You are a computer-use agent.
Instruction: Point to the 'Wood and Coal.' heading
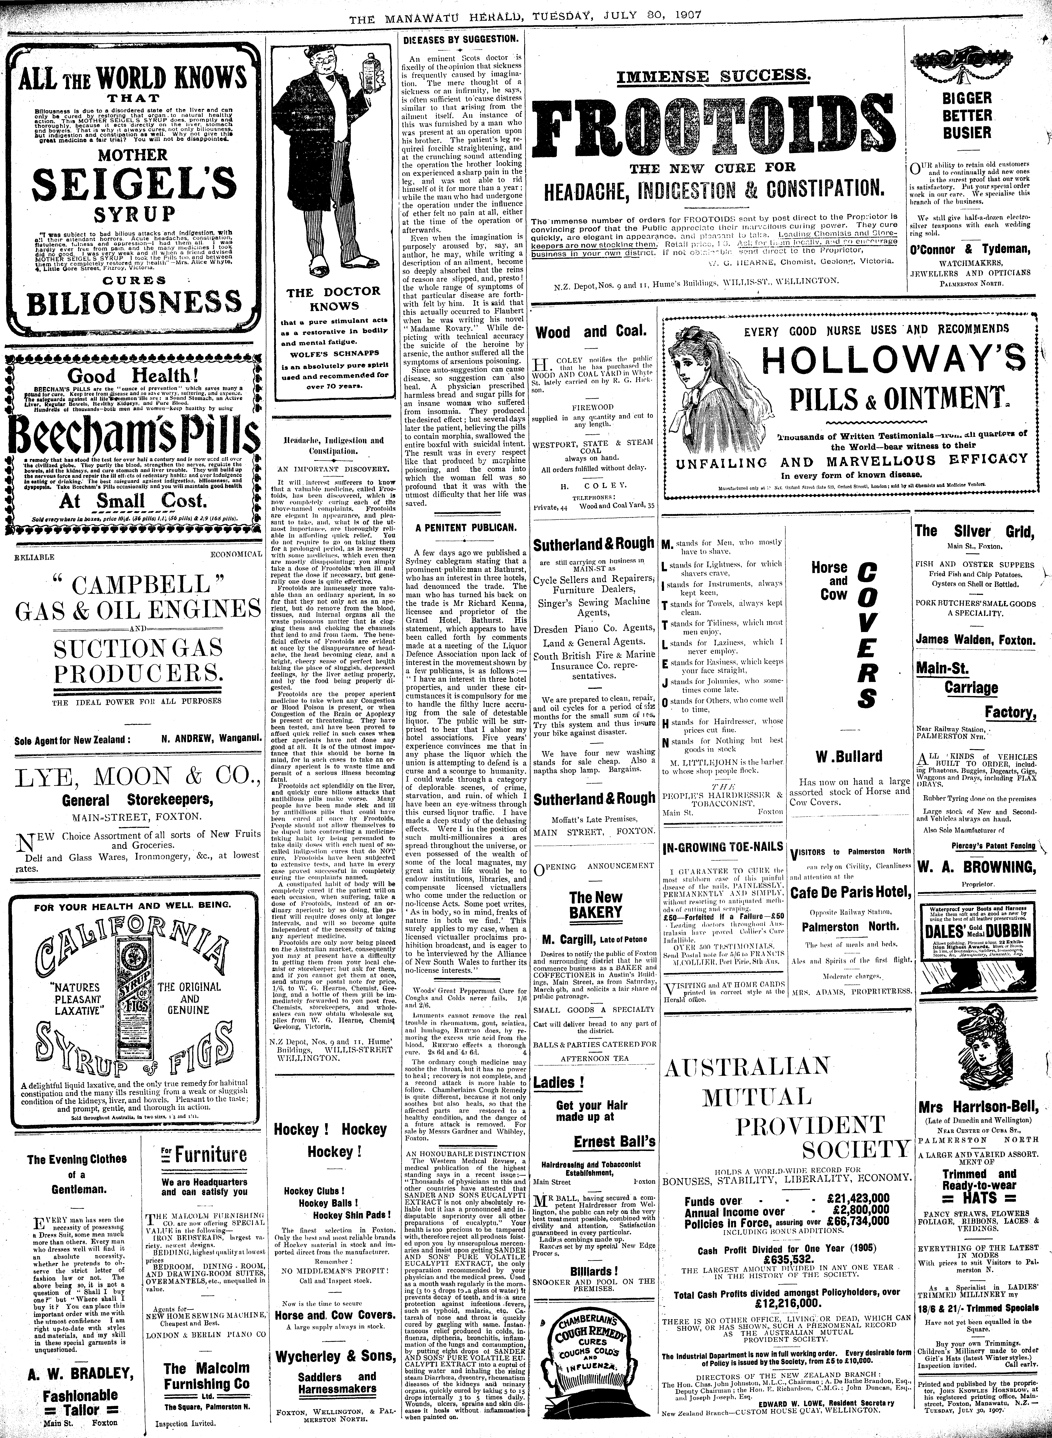(x=590, y=331)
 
